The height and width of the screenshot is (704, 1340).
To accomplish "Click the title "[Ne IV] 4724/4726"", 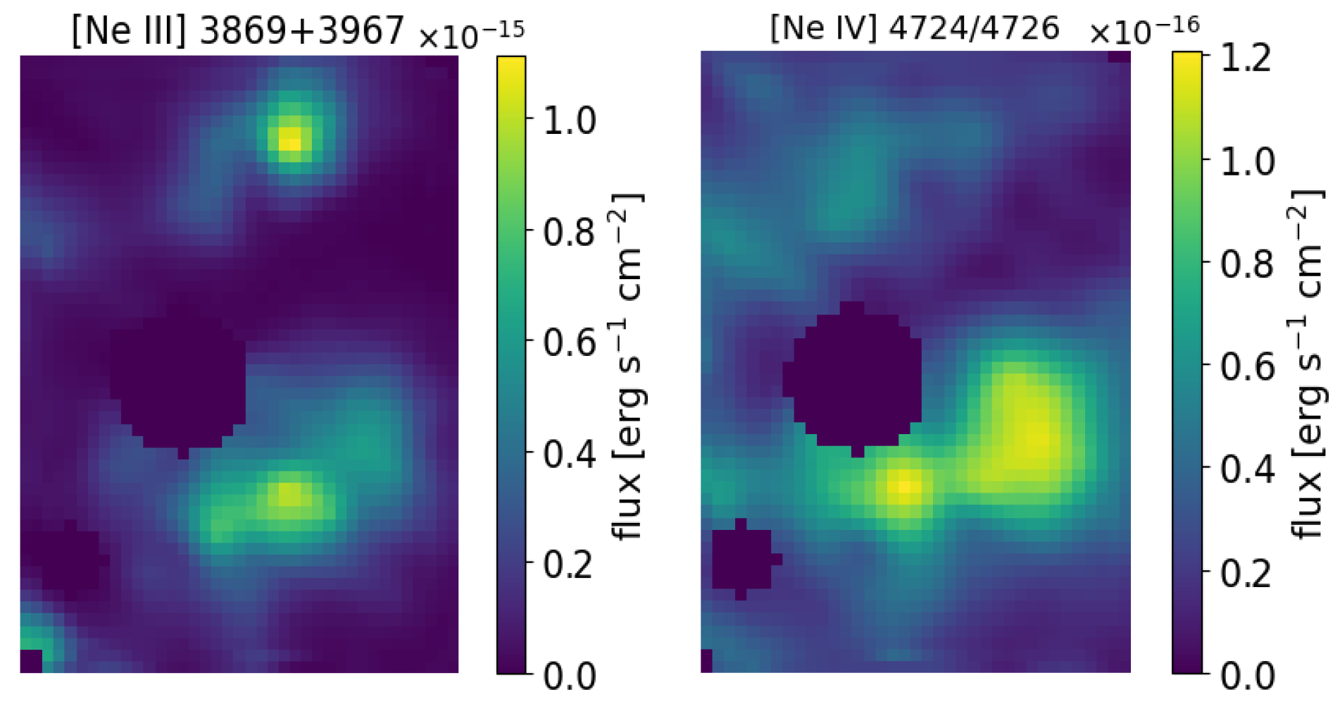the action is (x=915, y=28).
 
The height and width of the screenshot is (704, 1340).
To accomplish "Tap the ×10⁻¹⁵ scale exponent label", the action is (x=471, y=35).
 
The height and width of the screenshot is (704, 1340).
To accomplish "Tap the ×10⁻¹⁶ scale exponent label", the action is (x=1144, y=30).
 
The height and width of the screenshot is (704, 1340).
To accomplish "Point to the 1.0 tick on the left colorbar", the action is (x=570, y=121).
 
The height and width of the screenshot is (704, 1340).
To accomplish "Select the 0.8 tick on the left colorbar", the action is (x=570, y=232).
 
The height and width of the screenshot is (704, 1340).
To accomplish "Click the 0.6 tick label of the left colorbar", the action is (x=570, y=343).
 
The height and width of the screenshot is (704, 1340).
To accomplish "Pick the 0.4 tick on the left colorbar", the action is (x=570, y=454).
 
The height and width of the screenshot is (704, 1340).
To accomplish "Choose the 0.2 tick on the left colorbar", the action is (x=570, y=564).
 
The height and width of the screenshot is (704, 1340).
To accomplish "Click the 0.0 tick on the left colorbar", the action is (x=570, y=675).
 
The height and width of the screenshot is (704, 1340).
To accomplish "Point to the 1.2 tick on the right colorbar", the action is (x=1247, y=58).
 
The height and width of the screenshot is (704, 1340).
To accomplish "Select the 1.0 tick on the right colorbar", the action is (x=1247, y=161).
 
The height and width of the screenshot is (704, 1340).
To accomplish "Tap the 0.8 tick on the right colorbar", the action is (x=1247, y=264).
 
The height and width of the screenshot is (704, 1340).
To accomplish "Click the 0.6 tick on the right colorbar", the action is (x=1247, y=367).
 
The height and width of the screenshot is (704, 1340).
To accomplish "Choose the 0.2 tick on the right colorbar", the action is (x=1247, y=573).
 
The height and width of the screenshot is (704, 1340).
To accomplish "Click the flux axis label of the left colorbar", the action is (x=628, y=366).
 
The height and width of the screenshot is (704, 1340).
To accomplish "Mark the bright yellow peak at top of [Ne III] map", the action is (x=289, y=140).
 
